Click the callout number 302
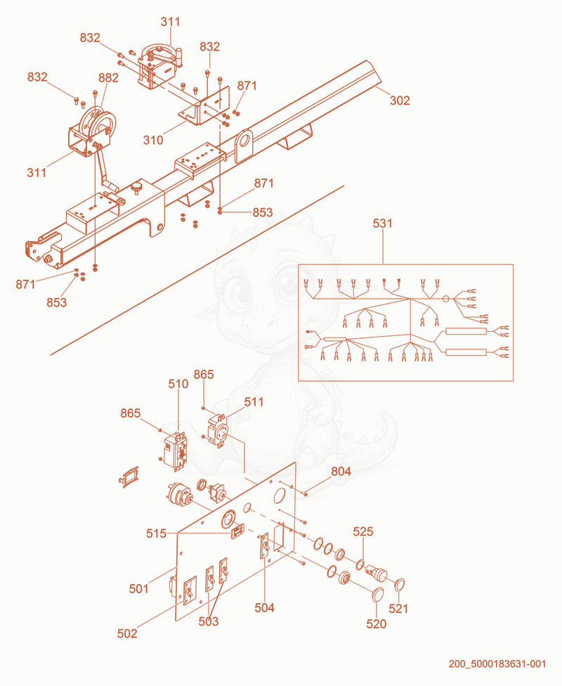point(400,101)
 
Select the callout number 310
point(153,140)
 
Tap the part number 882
point(108,78)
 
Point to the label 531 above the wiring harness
point(383,224)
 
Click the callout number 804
point(341,471)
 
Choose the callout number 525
point(363,531)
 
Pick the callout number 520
point(376,624)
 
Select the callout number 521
point(398,609)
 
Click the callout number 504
point(265,608)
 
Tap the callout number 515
point(156,533)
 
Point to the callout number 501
point(138,589)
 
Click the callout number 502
point(127,633)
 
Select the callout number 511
point(254,401)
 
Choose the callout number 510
point(178,384)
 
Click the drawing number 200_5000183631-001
point(497,664)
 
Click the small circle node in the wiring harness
point(445,299)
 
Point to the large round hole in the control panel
point(279,496)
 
